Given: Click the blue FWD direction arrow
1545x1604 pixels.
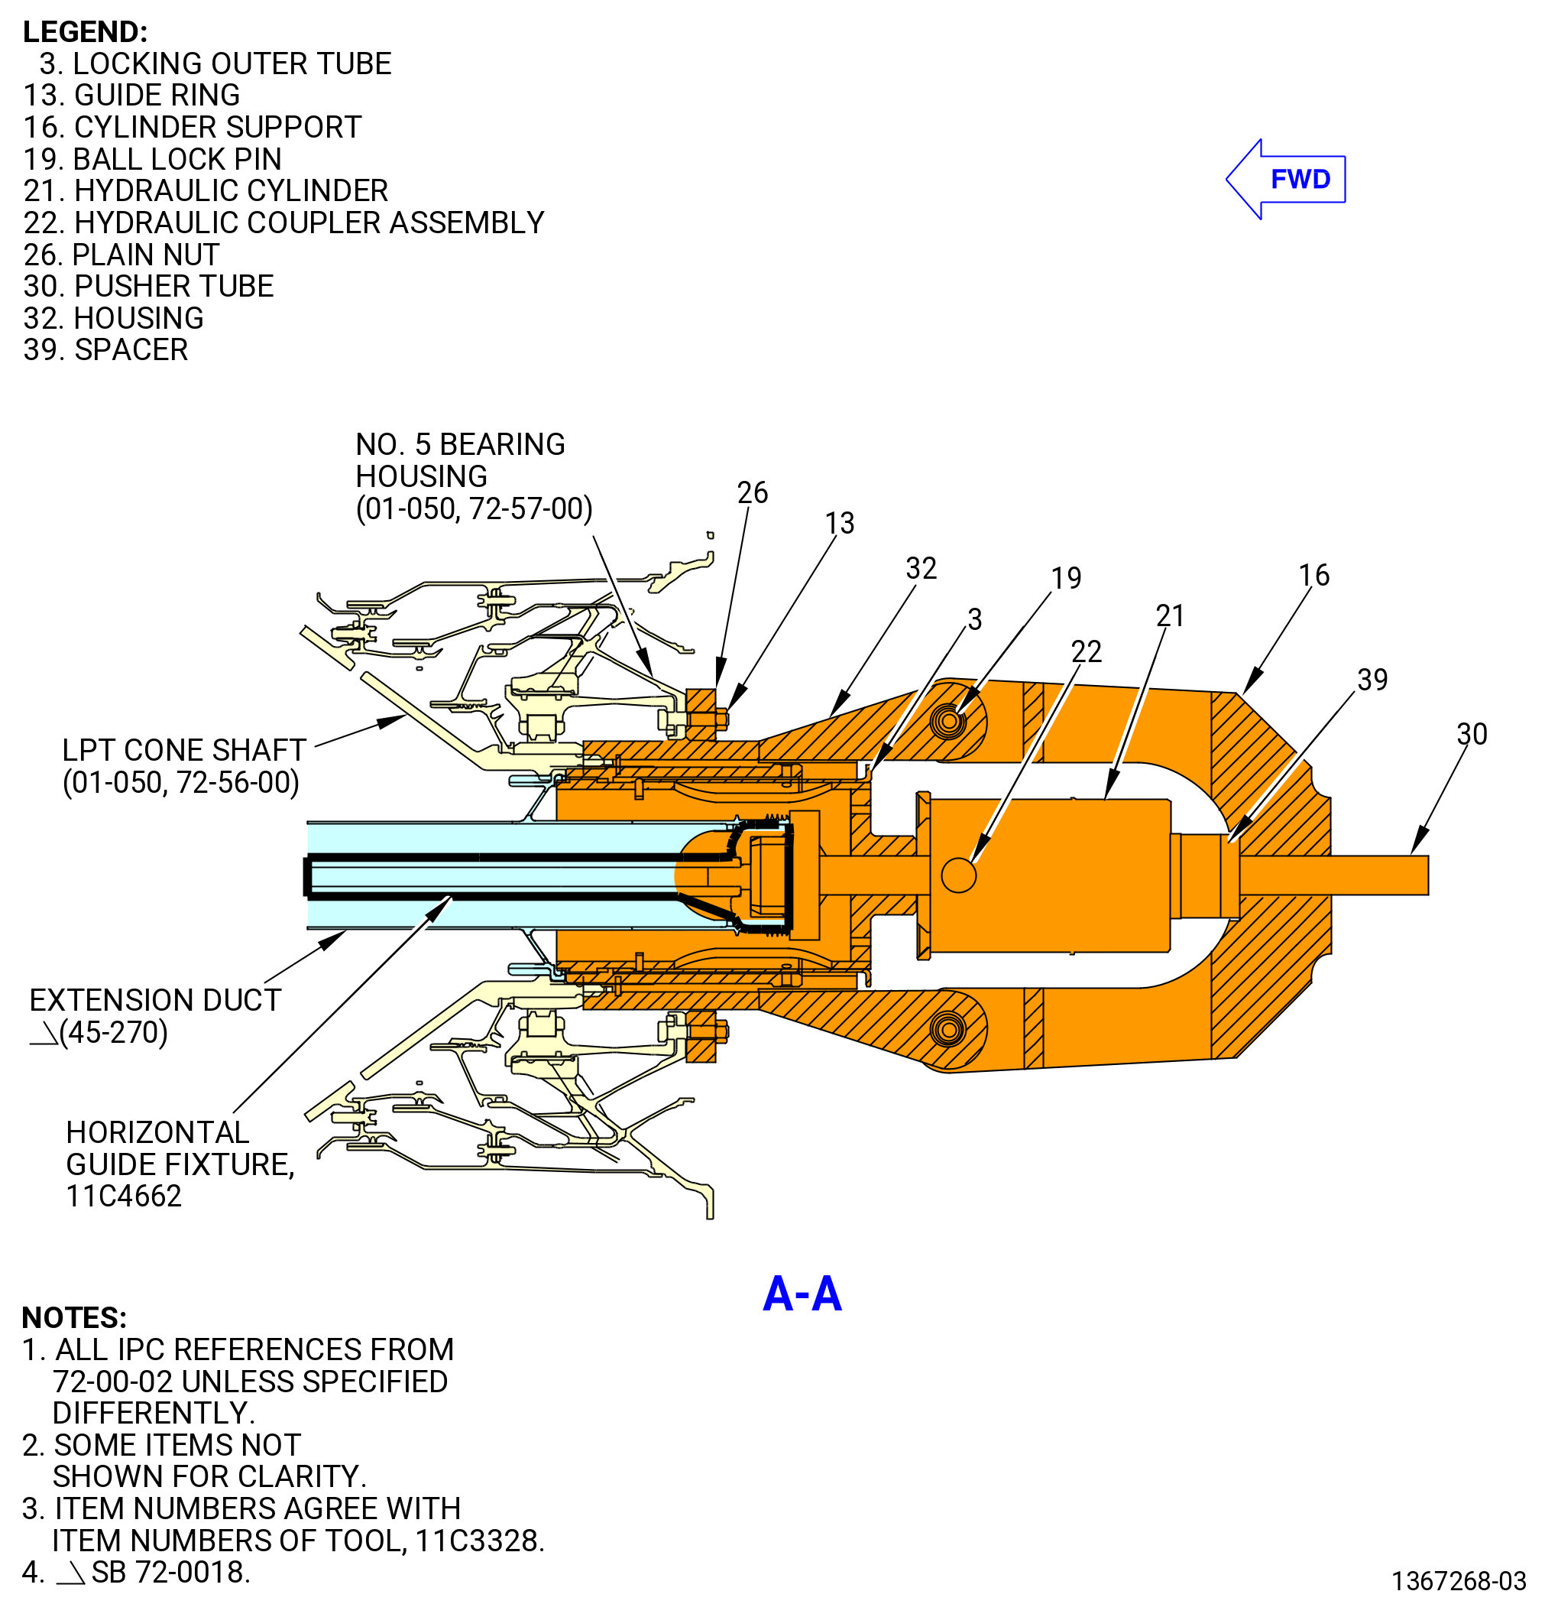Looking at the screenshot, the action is pos(1285,179).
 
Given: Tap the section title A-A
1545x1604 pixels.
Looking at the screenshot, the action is pos(802,1294).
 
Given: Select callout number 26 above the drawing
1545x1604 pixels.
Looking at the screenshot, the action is pos(753,492).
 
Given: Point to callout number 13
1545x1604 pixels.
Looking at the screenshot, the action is pos(839,523).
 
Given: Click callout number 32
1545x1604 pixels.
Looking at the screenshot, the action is pos(921,569).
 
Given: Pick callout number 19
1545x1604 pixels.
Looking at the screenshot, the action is pos(1066,579).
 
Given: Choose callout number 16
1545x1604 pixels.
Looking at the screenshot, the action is pos(1313,575).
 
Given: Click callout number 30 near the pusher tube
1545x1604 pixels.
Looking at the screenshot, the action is pos(1472,734).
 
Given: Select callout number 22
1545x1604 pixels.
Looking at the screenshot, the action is pos(1087,651).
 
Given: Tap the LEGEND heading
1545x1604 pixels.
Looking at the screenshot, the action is pos(85,32).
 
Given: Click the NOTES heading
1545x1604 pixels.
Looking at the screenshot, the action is pos(74,1317).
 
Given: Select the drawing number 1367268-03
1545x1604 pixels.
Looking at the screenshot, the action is pos(1459,1580).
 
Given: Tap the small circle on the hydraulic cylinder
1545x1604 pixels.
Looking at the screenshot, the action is pos(959,875).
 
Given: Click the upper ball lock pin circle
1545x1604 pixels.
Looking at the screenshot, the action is pos(949,722).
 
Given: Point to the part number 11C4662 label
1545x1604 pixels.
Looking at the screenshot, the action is pos(124,1197).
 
